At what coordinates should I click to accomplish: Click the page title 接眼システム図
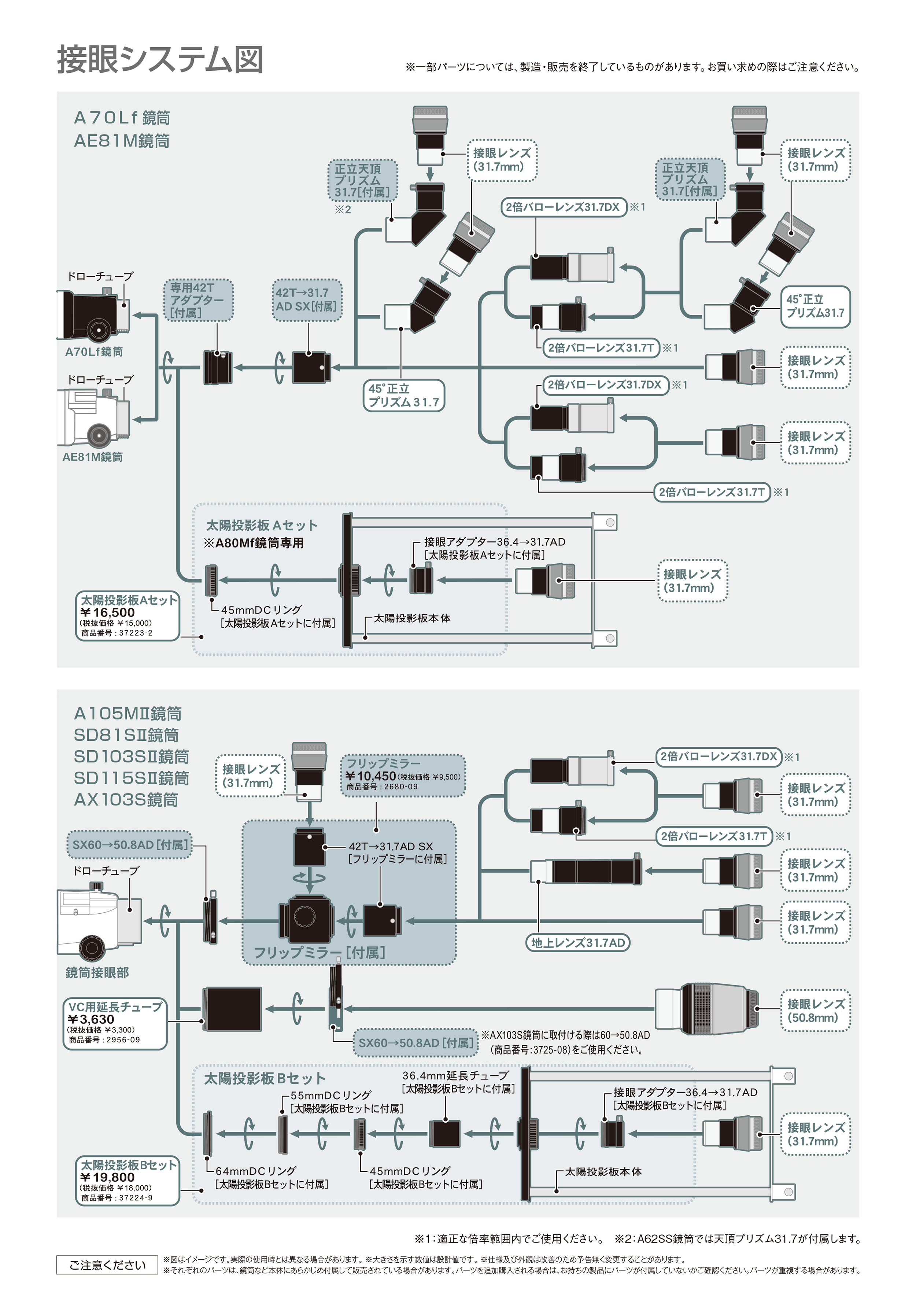click(160, 59)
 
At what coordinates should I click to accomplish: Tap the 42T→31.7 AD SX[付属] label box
click(307, 300)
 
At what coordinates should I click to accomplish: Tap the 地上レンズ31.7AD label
click(578, 943)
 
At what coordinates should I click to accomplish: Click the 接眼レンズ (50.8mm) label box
click(815, 1011)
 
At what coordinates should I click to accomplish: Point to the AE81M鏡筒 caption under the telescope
click(93, 457)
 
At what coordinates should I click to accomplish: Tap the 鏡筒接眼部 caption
click(97, 973)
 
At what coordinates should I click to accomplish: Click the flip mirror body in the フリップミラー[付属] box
click(306, 921)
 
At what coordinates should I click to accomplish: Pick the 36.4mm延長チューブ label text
click(455, 1075)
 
